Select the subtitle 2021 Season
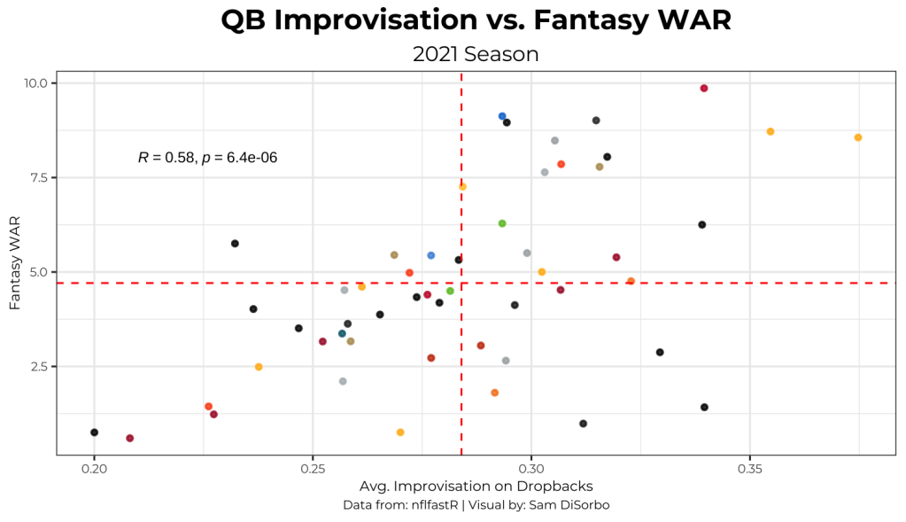[x=475, y=54]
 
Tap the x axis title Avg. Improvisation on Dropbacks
[x=476, y=487]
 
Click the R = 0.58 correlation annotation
[x=208, y=158]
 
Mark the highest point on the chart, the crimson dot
[x=704, y=89]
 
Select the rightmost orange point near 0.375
[x=858, y=137]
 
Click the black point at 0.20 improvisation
[x=95, y=432]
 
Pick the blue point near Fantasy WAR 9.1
[x=502, y=116]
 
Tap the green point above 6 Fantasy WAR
[x=502, y=223]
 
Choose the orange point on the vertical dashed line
[x=462, y=186]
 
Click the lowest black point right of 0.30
[x=583, y=424]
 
